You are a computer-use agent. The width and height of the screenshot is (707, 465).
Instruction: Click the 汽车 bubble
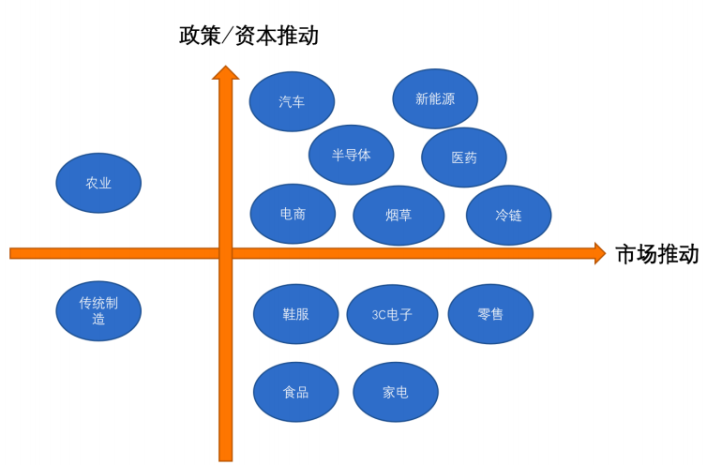(x=292, y=102)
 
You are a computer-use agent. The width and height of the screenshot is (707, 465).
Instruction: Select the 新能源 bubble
(x=435, y=98)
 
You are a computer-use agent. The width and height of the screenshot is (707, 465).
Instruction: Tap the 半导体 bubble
(x=351, y=155)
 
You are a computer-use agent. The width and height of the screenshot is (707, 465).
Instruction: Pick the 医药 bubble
(x=464, y=157)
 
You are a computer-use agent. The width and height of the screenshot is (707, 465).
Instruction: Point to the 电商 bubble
(x=293, y=214)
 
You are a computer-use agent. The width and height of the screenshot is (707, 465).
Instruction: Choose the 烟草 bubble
(x=399, y=216)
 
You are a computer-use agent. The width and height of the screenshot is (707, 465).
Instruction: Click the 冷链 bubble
(x=508, y=216)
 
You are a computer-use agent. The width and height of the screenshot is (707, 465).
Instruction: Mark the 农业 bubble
(x=98, y=183)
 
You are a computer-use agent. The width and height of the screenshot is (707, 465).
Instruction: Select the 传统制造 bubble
(x=98, y=311)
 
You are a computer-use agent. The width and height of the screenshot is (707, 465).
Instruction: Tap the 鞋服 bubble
(x=295, y=313)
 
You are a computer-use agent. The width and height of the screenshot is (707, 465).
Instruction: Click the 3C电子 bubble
(x=392, y=314)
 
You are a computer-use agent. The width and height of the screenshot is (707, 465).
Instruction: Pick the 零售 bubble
(x=490, y=314)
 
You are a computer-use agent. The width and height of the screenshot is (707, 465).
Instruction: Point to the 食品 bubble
(x=295, y=392)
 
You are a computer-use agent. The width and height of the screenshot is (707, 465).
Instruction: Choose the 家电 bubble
(x=395, y=392)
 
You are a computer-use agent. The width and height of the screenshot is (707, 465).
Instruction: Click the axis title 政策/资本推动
(x=249, y=36)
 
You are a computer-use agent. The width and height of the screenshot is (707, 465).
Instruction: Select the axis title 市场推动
(x=657, y=254)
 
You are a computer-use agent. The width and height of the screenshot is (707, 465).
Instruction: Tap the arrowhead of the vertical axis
(x=225, y=73)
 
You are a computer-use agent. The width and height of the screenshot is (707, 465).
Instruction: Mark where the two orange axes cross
(x=225, y=253)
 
